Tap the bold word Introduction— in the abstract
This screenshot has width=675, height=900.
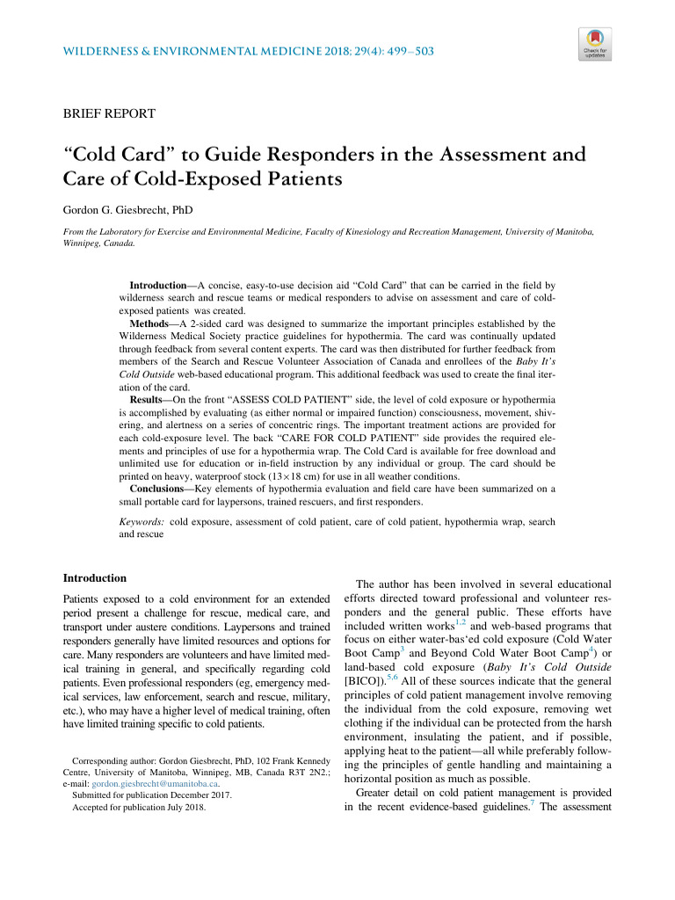[x=163, y=287]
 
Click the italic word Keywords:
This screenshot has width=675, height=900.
[x=142, y=522]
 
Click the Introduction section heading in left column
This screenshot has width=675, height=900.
[x=95, y=577]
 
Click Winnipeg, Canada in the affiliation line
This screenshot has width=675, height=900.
[x=100, y=243]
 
